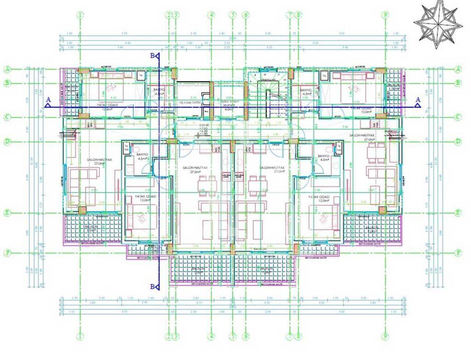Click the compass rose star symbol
(437, 23)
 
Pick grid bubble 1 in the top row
(80, 15)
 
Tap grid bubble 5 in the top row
(233, 15)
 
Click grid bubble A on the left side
(7, 70)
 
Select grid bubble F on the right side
(458, 253)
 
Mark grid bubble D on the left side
(7, 141)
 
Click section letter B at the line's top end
(152, 55)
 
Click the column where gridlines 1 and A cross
(83, 70)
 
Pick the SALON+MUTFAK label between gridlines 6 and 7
(272, 169)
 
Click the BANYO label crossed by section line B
(159, 91)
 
